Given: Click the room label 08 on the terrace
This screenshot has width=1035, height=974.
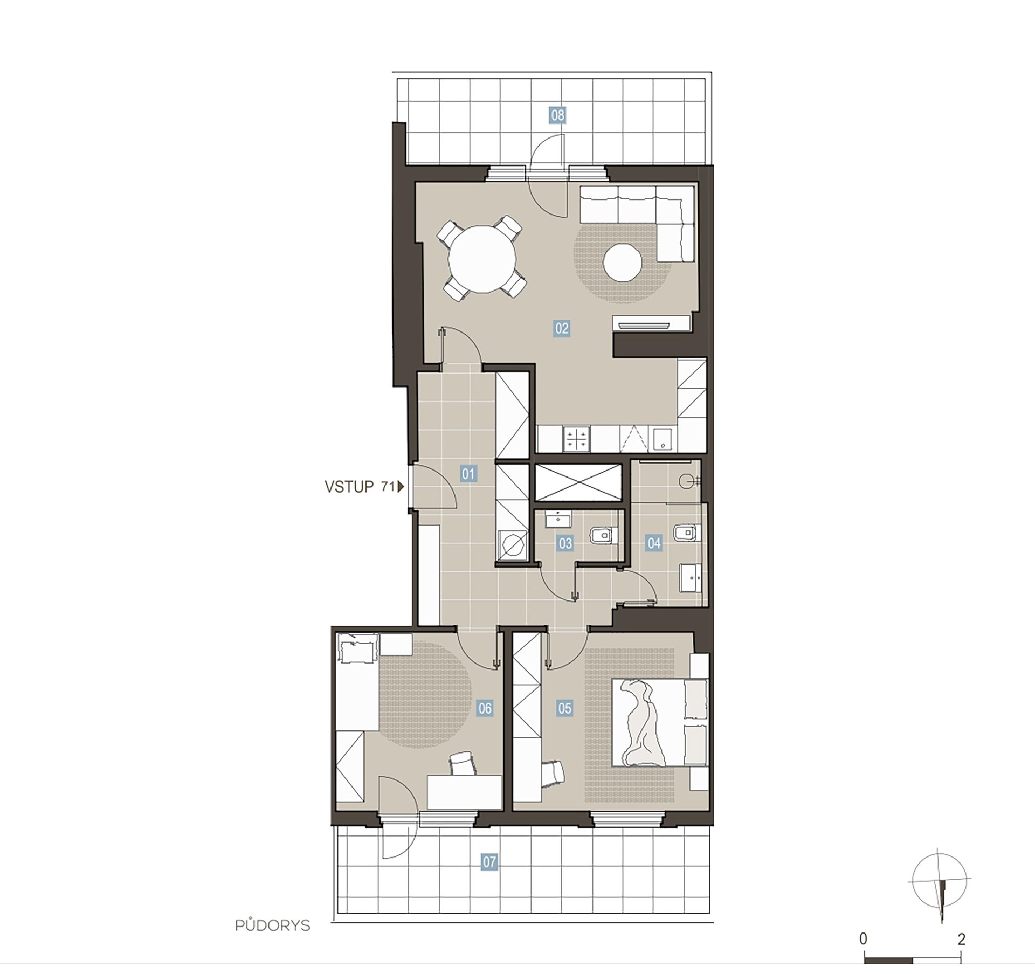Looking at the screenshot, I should point(557,115).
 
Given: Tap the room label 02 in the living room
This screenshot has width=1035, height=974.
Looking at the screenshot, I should point(562,328).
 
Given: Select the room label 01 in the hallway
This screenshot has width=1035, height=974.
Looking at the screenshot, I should point(468,474).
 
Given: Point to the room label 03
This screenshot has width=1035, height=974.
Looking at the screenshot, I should point(565,543).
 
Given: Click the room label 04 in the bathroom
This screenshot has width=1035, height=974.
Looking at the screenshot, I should point(654,543).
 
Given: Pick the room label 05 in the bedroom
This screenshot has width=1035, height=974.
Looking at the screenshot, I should point(564,708).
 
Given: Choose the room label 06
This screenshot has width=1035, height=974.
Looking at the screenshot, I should point(485,708).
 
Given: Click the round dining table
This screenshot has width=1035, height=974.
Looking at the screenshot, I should point(482,259).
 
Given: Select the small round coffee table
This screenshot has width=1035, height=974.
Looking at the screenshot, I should point(622,263).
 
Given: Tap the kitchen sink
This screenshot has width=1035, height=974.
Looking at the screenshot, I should point(661,439).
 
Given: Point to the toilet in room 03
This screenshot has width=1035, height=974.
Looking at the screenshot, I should point(603,535).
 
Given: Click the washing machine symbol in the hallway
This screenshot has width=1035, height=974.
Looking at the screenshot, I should point(512,545).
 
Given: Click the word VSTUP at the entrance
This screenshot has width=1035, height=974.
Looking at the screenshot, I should point(349,487).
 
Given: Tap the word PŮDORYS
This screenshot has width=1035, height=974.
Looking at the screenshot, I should point(273,925).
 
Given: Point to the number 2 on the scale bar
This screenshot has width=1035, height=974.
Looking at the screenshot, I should point(961,939).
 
